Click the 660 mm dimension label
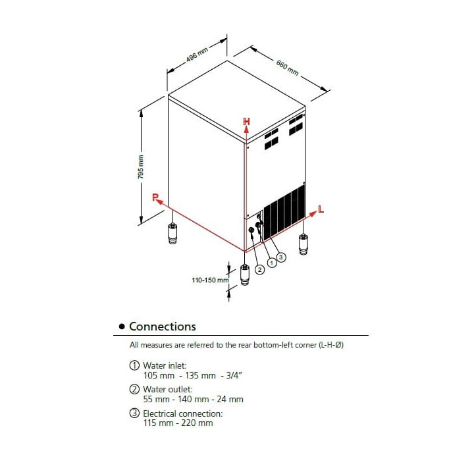(x=288, y=67)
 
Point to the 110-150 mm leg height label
(x=209, y=280)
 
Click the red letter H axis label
(x=246, y=121)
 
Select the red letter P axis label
(x=155, y=197)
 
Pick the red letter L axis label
(x=321, y=209)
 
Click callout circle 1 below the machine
(x=271, y=262)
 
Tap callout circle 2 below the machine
(x=259, y=269)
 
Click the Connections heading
(x=162, y=327)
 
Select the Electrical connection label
(x=182, y=413)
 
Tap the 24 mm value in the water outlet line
(x=231, y=399)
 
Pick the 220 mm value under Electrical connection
(x=199, y=423)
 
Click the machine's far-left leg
(x=172, y=233)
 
